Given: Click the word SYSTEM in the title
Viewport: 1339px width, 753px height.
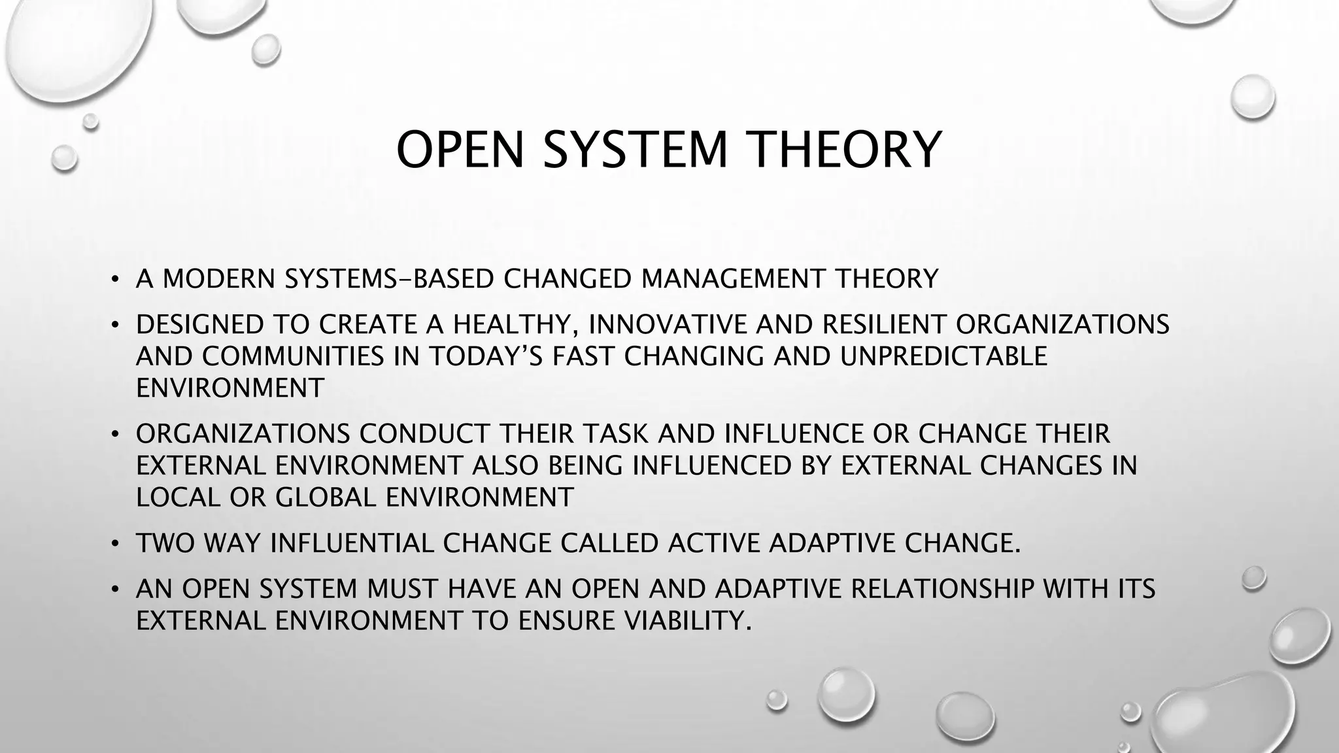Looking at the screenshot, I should (x=636, y=150).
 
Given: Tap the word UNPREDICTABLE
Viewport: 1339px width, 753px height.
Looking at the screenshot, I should (x=943, y=356).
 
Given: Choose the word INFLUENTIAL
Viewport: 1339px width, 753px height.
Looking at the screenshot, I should (x=352, y=544).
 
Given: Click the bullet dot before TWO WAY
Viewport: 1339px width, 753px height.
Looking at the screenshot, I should (x=114, y=544).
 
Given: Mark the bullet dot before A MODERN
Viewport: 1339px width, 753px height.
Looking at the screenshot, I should (x=114, y=280).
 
